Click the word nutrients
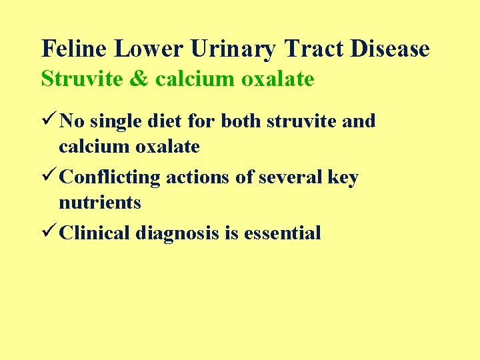click(100, 202)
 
